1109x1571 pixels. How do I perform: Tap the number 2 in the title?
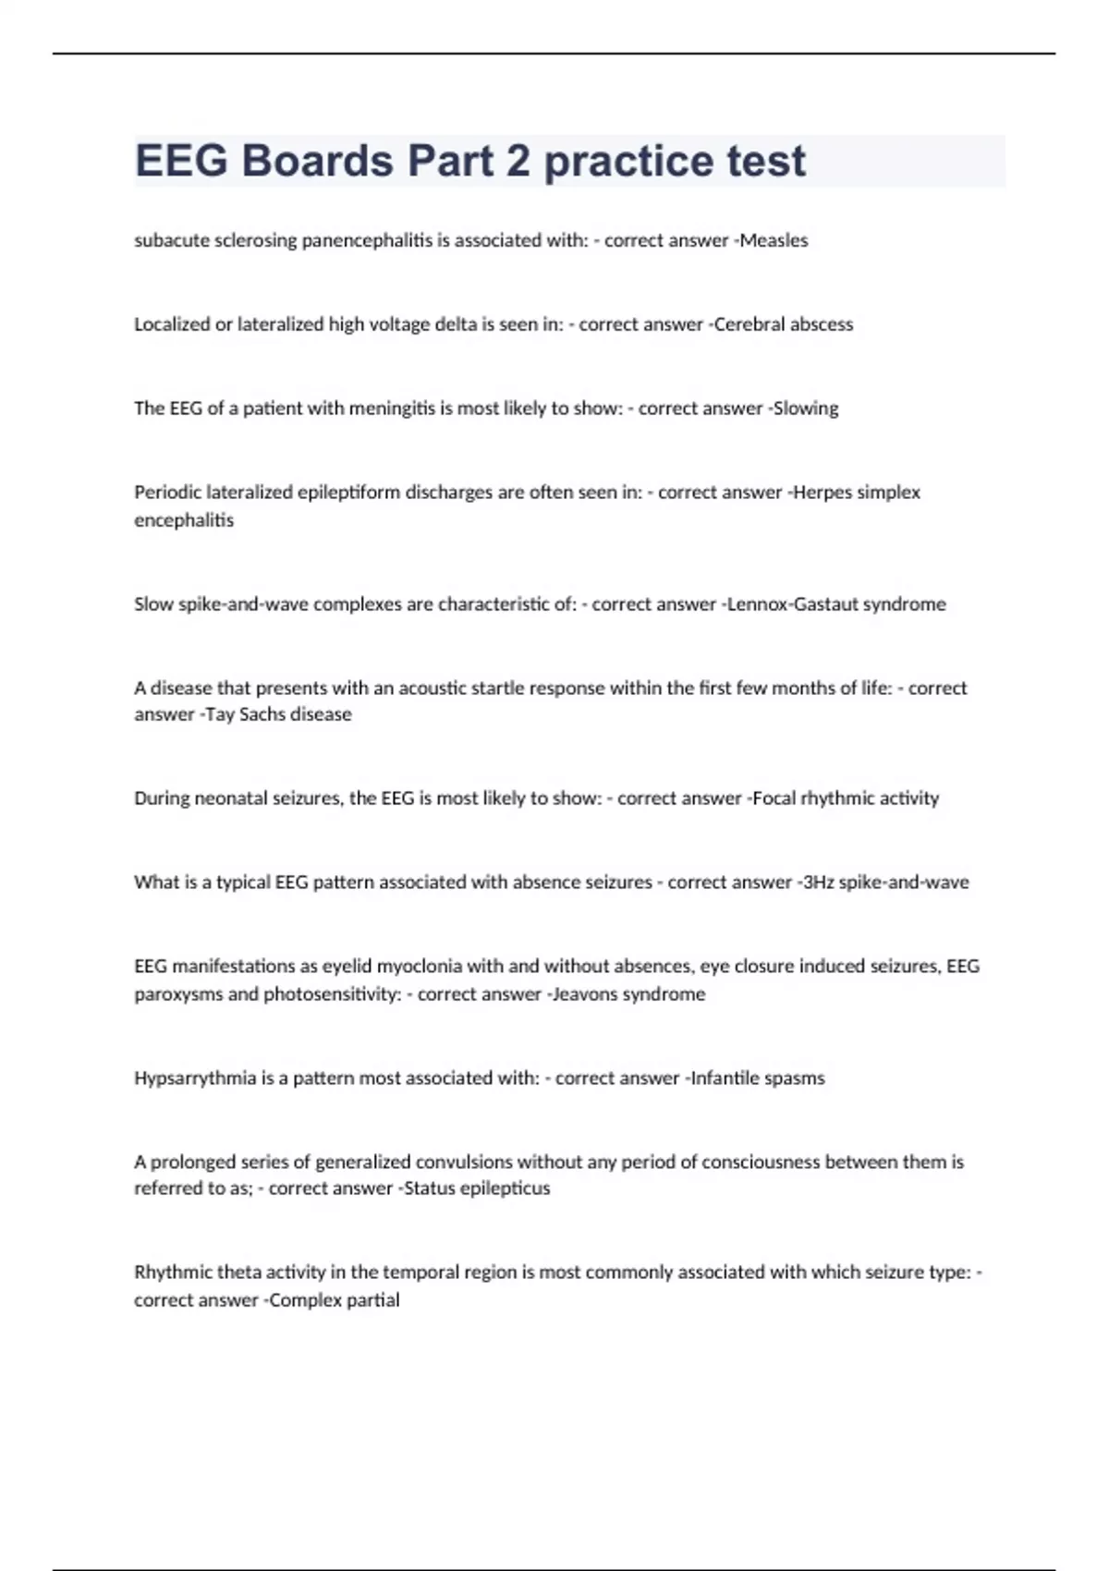(x=518, y=161)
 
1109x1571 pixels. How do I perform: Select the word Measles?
(x=774, y=240)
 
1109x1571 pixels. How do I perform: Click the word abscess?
(x=818, y=324)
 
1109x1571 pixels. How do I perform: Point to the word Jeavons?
(x=586, y=994)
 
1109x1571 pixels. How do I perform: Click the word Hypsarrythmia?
(x=195, y=1078)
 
